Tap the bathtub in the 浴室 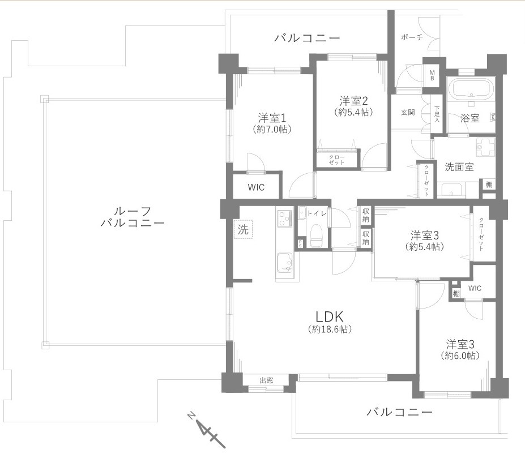coord(471,89)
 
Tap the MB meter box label coord(432,75)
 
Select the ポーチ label coord(411,37)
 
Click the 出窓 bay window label coord(266,380)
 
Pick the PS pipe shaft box coord(300,244)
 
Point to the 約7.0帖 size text coord(272,130)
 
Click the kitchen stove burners coord(284,217)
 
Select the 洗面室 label coord(459,167)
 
